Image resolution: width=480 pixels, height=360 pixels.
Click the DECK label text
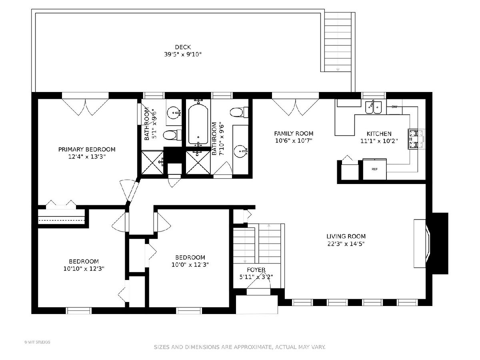[183, 47]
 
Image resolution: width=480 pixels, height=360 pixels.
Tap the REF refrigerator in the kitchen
[374, 169]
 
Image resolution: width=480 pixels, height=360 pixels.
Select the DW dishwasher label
[394, 107]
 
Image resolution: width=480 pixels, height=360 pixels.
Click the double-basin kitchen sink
[373, 107]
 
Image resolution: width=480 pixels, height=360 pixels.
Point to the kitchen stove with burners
[416, 139]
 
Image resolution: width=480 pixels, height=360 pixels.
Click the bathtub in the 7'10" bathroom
[198, 124]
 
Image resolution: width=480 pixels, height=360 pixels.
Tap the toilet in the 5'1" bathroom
[172, 135]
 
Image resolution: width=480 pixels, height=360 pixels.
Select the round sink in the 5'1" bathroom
[174, 113]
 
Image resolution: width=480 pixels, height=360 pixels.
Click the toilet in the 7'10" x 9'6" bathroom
[239, 112]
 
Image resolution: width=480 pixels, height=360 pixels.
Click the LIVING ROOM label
[346, 236]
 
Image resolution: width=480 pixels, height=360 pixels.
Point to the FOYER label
[256, 270]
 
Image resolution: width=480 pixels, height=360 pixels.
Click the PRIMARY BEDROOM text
[87, 150]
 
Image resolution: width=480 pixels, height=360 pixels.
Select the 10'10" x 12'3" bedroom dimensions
[84, 269]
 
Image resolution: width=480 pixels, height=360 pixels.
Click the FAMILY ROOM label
[294, 134]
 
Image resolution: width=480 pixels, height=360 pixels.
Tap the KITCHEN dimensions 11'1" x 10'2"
[379, 141]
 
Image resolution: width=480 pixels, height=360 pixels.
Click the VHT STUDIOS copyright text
[37, 342]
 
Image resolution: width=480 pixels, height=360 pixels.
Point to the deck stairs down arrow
[338, 70]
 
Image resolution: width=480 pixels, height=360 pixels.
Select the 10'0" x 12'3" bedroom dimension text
[190, 265]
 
